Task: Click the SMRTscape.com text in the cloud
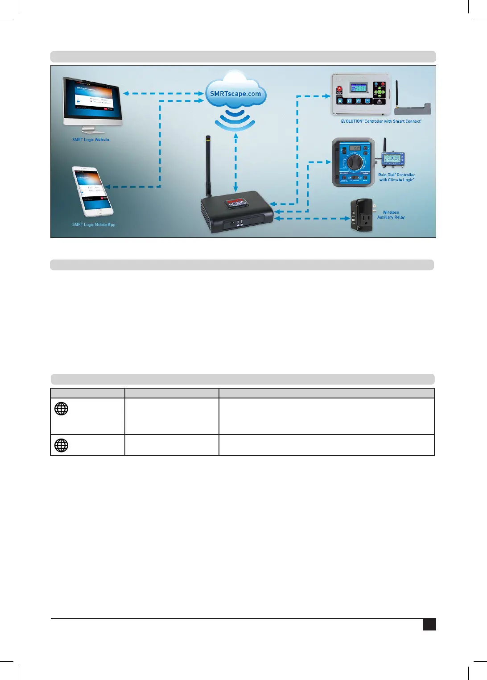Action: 235,94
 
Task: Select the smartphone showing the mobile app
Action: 92,191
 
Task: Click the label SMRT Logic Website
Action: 91,140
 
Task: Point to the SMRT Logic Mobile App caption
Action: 94,224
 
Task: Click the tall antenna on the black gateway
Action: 208,165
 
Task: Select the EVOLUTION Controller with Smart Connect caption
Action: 381,121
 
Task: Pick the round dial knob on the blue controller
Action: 355,162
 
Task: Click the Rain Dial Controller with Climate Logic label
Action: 396,177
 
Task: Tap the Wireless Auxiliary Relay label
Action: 391,215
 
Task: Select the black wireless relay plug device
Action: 362,216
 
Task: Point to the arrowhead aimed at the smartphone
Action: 108,187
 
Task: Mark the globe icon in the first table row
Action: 61,409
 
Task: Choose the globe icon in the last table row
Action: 61,445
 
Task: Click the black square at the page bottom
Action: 429,624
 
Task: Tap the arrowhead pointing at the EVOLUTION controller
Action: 328,96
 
